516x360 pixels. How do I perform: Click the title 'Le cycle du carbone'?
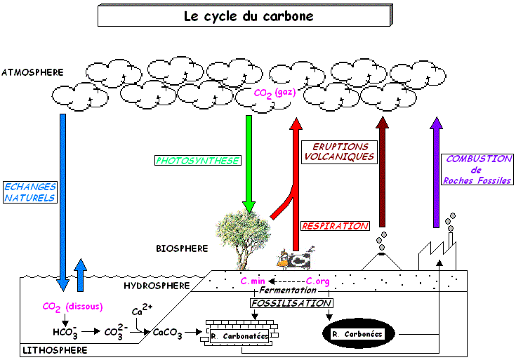coord(243,15)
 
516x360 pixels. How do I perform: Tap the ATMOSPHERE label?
coord(33,72)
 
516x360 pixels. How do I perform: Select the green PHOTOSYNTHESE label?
coord(197,161)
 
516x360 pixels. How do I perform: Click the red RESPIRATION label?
coord(335,226)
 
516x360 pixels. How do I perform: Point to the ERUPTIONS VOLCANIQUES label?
coord(338,152)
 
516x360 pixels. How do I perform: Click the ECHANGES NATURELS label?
coord(29,192)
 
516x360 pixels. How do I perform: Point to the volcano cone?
coord(381,261)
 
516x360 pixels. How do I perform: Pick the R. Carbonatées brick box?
coord(239,335)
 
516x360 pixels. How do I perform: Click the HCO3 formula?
coord(65,332)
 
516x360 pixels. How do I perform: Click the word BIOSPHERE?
coord(182,248)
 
